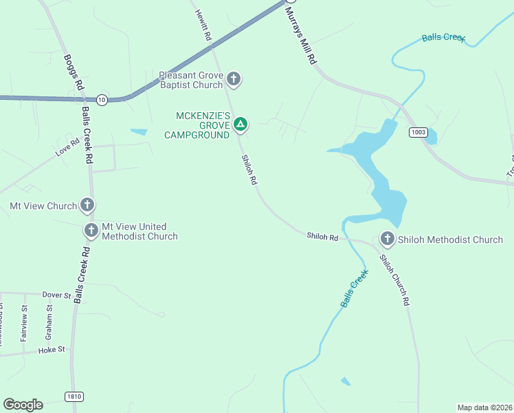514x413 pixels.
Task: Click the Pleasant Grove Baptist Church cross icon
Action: click(x=234, y=79)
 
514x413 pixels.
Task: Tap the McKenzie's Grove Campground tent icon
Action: click(x=240, y=125)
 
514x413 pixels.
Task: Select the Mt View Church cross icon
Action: click(x=87, y=205)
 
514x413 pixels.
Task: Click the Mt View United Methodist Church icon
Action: click(x=91, y=231)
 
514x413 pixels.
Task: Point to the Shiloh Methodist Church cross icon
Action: click(x=387, y=240)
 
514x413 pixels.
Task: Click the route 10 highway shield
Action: click(x=102, y=99)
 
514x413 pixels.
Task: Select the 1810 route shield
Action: click(x=74, y=396)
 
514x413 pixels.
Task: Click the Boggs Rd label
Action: click(x=74, y=73)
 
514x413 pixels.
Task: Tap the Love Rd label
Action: click(x=68, y=148)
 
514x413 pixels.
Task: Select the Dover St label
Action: click(x=56, y=295)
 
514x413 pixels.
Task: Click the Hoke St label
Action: click(x=52, y=349)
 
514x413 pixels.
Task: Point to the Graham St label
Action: click(x=49, y=317)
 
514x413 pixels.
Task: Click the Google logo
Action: click(x=23, y=404)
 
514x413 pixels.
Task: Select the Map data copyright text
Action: click(x=484, y=407)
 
